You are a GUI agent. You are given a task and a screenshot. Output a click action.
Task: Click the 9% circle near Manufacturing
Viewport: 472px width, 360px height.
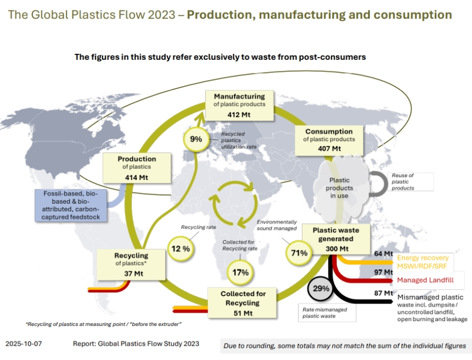196,139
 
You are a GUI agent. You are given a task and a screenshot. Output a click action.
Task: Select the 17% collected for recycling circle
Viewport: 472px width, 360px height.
240,272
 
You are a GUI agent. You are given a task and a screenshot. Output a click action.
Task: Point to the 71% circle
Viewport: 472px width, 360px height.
300,253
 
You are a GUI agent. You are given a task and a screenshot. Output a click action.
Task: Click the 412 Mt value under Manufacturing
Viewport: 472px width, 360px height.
239,115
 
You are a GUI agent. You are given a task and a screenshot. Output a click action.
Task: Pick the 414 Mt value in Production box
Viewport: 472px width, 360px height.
137,177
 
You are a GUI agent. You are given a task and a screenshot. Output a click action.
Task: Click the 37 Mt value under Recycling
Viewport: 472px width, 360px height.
131,273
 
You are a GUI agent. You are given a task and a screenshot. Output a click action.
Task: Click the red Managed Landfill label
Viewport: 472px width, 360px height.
425,280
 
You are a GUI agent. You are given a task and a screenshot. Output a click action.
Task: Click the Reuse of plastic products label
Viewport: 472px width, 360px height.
403,182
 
